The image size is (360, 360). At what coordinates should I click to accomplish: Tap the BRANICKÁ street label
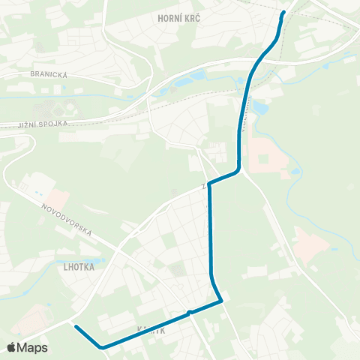click(49, 74)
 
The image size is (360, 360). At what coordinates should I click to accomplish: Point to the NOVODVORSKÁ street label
click(67, 221)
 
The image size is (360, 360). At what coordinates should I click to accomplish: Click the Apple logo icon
click(12, 347)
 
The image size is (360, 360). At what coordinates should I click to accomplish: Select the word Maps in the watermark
click(32, 347)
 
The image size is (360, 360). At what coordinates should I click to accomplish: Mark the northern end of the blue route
click(283, 13)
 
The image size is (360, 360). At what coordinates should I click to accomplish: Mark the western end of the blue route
click(76, 326)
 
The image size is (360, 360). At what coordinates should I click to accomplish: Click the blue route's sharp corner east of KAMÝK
click(223, 302)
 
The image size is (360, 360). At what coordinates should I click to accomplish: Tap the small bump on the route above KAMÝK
click(190, 311)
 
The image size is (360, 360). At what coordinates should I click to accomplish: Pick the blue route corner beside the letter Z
click(209, 183)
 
